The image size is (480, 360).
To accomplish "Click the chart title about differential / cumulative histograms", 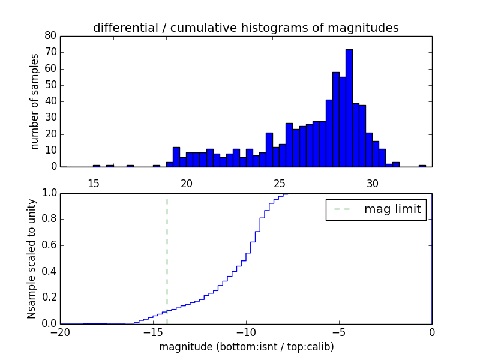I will pyautogui.click(x=245, y=28).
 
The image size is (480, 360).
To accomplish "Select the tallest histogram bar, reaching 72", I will pyautogui.click(x=349, y=108).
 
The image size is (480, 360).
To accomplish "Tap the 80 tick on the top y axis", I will pyautogui.click(x=51, y=36).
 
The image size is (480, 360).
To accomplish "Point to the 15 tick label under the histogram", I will pyautogui.click(x=93, y=183).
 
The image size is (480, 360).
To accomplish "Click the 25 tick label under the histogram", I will pyautogui.click(x=279, y=183).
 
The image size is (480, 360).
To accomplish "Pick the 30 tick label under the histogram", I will pyautogui.click(x=373, y=183).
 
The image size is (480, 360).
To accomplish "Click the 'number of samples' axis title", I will pyautogui.click(x=35, y=101).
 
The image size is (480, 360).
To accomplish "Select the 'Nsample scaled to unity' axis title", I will pyautogui.click(x=32, y=258).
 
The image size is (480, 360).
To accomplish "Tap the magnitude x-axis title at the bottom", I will pyautogui.click(x=246, y=347).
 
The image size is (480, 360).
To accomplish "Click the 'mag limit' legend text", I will pyautogui.click(x=392, y=209).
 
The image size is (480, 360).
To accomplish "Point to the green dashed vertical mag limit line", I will pyautogui.click(x=167, y=258).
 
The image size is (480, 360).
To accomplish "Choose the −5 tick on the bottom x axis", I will pyautogui.click(x=339, y=332).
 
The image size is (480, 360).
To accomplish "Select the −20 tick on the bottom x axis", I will pyautogui.click(x=60, y=332).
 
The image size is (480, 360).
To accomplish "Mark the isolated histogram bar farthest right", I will pyautogui.click(x=422, y=166).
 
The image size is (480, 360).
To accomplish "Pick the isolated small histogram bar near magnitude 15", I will pyautogui.click(x=97, y=166).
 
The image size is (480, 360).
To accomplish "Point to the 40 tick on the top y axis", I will pyautogui.click(x=51, y=101).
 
